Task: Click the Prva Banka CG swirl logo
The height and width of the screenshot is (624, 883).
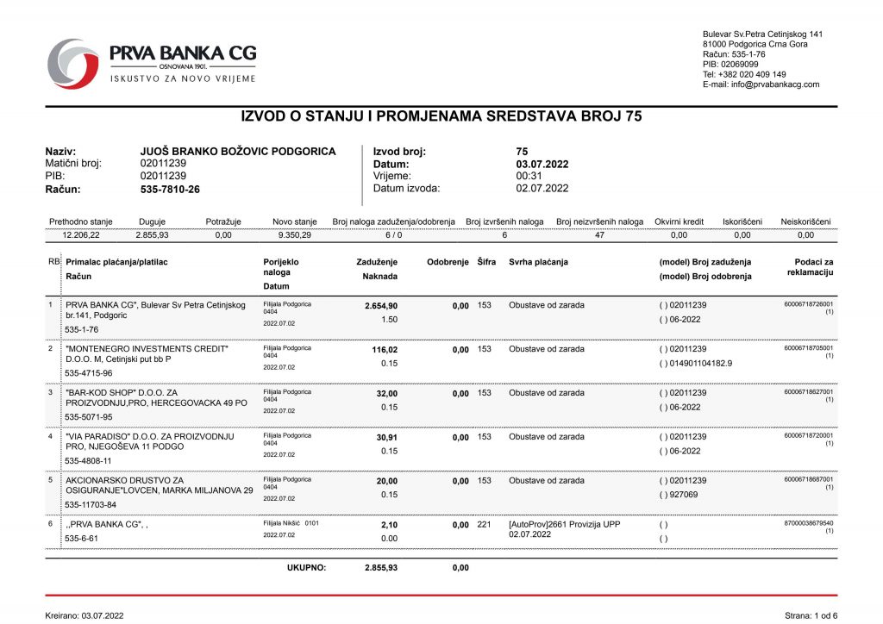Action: [74, 63]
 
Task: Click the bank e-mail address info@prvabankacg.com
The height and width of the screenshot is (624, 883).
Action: [761, 84]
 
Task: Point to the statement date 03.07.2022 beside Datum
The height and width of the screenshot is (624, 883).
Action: [542, 164]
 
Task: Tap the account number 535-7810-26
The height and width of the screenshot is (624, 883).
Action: [170, 189]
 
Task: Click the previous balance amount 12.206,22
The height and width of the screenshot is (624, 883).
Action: [81, 234]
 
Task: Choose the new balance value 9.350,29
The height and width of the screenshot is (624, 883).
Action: [295, 234]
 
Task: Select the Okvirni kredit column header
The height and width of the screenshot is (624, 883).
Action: [679, 222]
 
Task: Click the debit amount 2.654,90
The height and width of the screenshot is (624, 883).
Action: [377, 305]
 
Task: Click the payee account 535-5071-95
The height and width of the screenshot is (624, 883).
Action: [89, 417]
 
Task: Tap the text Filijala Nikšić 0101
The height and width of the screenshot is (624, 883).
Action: [291, 523]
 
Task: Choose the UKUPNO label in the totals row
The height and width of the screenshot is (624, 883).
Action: [306, 567]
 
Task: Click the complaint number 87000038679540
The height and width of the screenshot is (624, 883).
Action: [809, 523]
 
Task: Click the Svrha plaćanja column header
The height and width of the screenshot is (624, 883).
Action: [539, 262]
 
